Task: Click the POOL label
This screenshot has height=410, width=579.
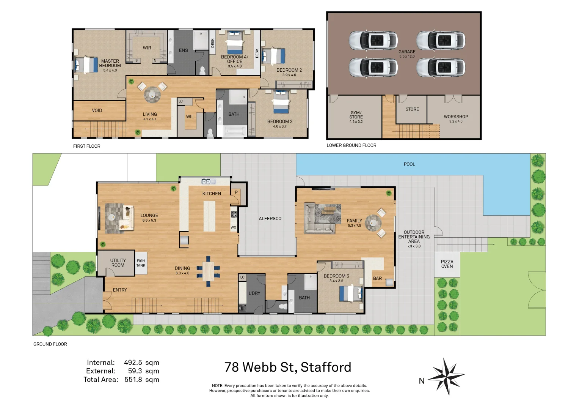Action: pos(409,164)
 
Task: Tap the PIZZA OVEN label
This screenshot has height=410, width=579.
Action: pos(447,264)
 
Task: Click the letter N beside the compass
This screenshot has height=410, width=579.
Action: pos(422,381)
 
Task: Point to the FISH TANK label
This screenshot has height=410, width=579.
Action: pos(141,263)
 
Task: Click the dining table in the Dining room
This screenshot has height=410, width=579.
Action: pos(208,271)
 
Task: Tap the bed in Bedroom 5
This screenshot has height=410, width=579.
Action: pos(350,294)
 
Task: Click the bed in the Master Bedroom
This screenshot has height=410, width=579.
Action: pos(87,65)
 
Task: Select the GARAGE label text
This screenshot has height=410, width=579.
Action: pos(407,52)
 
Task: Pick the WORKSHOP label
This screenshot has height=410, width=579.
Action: pos(456,117)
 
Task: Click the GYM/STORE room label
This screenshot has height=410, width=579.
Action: pos(356,115)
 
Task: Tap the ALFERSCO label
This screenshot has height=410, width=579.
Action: pos(270,219)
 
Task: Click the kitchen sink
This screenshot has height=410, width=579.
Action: pos(206,182)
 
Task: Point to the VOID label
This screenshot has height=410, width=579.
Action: pos(97,110)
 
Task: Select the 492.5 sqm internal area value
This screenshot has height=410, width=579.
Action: pos(141,363)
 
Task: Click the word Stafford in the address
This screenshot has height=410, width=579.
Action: pos(326,367)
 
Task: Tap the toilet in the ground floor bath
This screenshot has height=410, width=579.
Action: pos(282,306)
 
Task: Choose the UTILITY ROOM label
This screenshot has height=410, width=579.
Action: pos(118,263)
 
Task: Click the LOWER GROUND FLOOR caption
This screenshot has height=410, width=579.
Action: pos(351,145)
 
